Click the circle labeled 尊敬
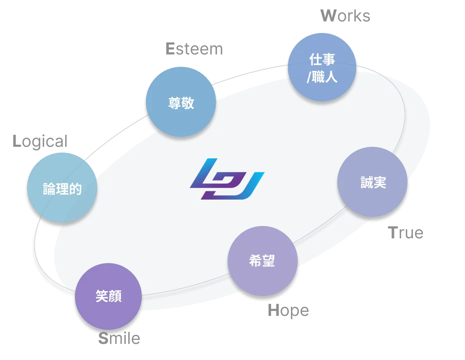coord(181,103)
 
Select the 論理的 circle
coord(62,189)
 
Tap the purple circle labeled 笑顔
coord(109,296)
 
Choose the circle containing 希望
coord(262,261)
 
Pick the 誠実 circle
coord(373,183)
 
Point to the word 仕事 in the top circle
coord(322,60)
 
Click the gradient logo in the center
coord(227,179)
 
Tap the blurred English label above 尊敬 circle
coord(194,49)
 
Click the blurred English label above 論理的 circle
coord(40,141)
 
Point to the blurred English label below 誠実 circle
coord(406,234)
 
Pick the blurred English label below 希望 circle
coord(288,310)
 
